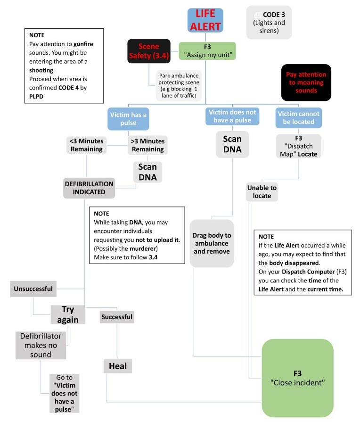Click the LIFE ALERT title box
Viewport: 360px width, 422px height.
205,20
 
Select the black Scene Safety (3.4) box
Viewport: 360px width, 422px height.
148,51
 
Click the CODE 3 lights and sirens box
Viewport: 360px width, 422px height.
269,22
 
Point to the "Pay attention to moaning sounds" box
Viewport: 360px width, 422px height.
305,83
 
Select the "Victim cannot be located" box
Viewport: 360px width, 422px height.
299,118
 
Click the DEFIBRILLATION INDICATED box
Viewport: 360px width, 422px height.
89,188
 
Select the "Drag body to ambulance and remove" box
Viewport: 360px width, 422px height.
212,243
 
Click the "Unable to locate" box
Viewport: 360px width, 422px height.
262,191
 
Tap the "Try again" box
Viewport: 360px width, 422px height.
68,314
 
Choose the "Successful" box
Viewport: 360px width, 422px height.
117,317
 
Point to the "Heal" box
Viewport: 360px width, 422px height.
117,366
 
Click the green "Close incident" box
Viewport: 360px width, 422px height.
297,378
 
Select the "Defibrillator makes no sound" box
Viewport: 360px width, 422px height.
40,345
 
